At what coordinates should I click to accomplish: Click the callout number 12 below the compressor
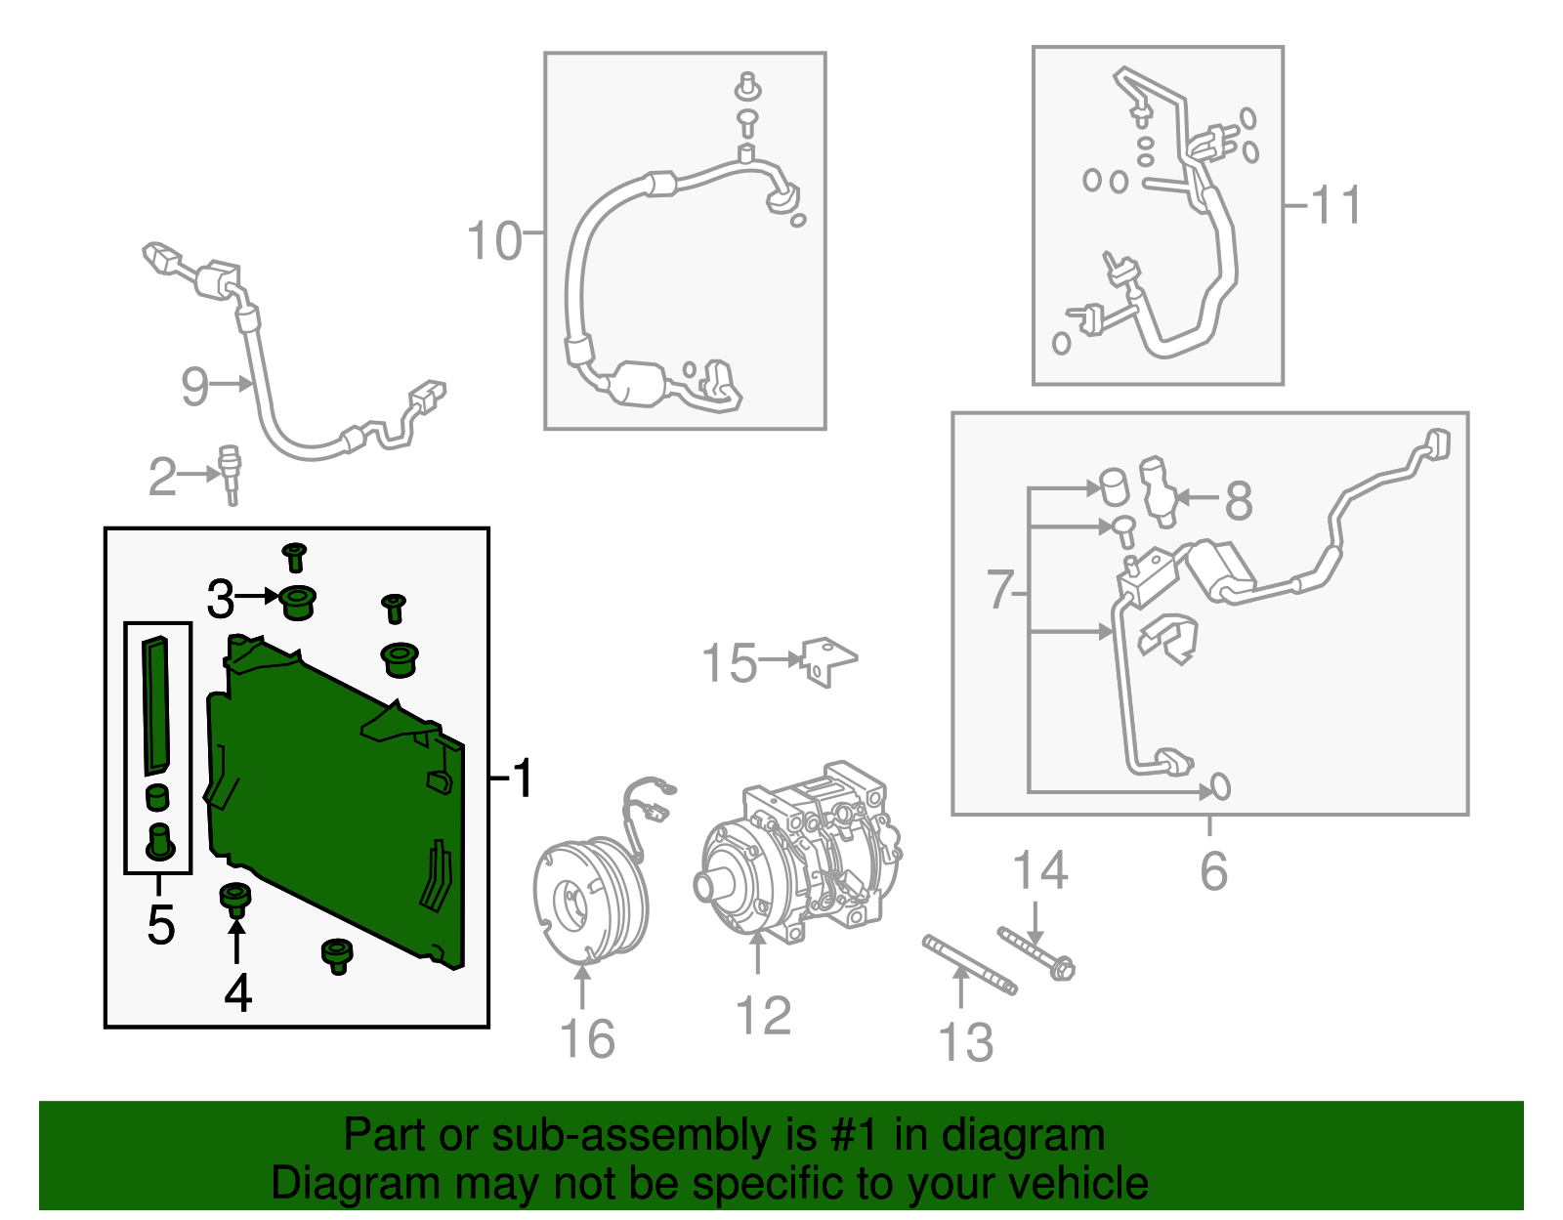click(x=763, y=1015)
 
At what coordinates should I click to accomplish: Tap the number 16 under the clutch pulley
click(x=588, y=1039)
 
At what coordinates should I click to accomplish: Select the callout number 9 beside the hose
click(x=194, y=386)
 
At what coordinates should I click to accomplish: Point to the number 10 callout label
click(x=493, y=240)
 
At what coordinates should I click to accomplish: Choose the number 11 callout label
click(x=1336, y=205)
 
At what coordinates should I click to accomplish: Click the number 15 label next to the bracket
click(x=730, y=662)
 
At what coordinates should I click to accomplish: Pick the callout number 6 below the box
click(x=1214, y=870)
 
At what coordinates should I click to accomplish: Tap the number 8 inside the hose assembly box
click(x=1239, y=500)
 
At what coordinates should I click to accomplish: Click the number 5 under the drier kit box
click(x=161, y=924)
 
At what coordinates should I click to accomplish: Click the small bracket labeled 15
click(x=828, y=661)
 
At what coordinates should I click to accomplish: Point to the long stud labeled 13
click(x=970, y=965)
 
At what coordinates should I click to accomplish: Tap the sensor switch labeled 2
click(x=231, y=475)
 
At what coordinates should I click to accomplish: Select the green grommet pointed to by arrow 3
click(x=298, y=603)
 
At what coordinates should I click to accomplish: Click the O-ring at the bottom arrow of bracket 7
click(x=1221, y=787)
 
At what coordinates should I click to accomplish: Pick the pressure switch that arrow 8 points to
click(x=1158, y=491)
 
